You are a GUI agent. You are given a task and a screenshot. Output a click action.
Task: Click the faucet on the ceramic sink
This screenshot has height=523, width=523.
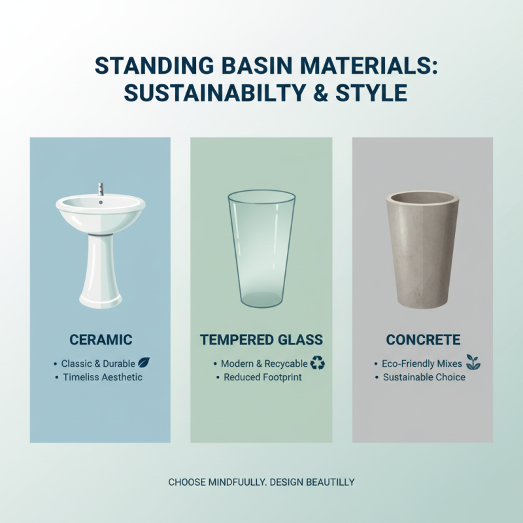pos(101,189)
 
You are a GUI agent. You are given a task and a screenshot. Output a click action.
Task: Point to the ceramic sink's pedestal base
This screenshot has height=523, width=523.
pos(100,275)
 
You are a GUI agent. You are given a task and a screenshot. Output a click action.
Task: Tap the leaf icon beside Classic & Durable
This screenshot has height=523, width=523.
pos(145,362)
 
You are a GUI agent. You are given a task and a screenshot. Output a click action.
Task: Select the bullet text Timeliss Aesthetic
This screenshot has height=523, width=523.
pos(103,377)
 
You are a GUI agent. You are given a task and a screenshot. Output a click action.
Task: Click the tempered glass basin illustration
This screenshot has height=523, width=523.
pos(261,248)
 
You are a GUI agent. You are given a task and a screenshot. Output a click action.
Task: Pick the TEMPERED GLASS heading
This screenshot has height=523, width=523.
pos(261,340)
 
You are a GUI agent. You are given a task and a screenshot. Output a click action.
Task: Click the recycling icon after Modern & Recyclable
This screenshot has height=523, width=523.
pos(318,362)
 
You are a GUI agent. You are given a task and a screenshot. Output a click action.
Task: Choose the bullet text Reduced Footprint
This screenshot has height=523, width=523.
pos(263,377)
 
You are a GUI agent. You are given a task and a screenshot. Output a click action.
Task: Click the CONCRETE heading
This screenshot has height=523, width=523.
pos(423,340)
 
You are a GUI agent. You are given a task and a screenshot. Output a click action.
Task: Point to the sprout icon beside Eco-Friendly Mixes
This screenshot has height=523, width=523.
pos(474,362)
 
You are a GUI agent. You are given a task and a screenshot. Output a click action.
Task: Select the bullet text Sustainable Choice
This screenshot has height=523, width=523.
pos(424,377)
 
